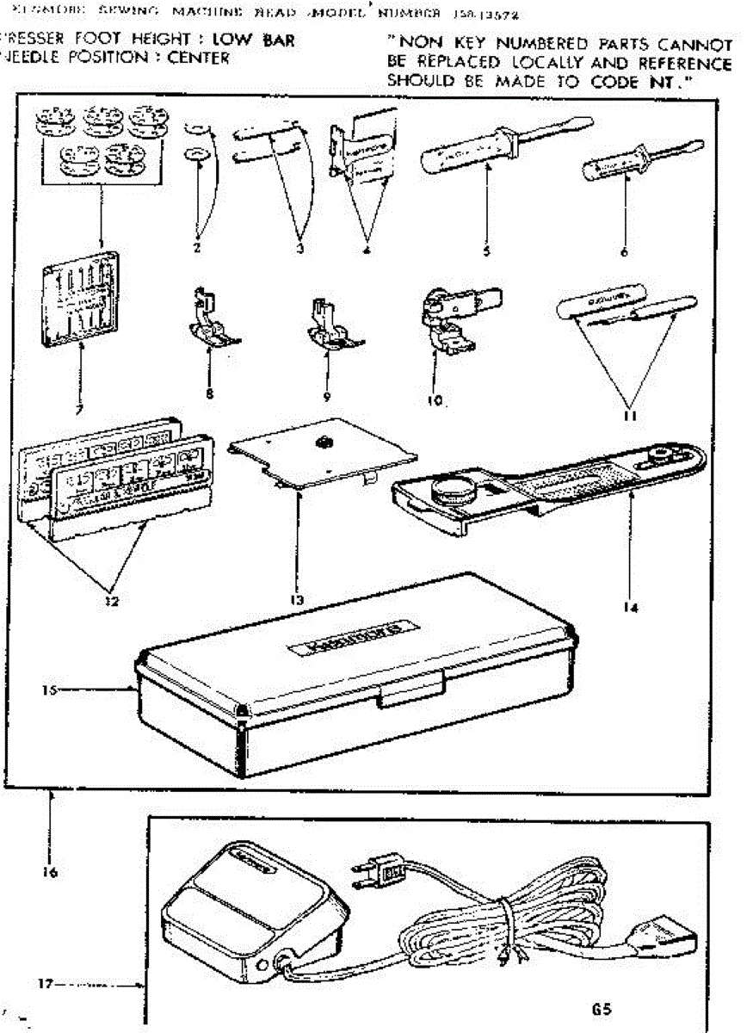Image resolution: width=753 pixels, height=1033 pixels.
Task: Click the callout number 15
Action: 50,690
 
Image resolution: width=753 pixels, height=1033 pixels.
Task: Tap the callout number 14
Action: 633,607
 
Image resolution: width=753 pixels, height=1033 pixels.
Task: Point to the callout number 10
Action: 434,401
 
